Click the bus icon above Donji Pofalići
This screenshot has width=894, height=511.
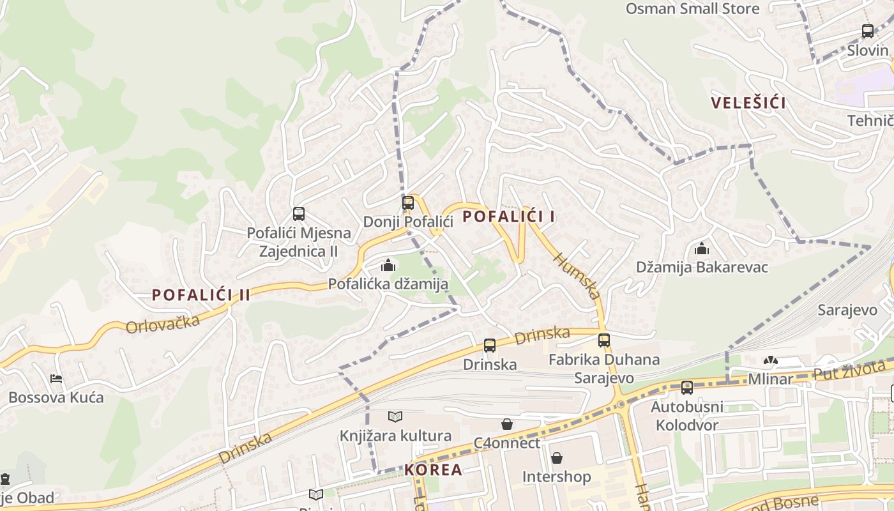(408, 203)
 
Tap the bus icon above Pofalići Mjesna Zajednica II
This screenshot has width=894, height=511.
(298, 214)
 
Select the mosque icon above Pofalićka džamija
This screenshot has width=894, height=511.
(388, 265)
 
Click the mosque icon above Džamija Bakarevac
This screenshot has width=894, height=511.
(702, 248)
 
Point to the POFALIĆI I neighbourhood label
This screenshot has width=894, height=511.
(508, 217)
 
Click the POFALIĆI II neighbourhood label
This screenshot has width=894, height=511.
(201, 295)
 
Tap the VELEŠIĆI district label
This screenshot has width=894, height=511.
(748, 103)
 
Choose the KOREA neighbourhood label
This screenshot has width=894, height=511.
(433, 470)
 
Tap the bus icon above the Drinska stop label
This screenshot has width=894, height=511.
(490, 346)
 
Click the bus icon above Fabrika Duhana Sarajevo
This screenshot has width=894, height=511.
(604, 340)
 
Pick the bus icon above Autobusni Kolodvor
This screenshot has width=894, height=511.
(687, 388)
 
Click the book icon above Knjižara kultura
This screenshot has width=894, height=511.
(395, 417)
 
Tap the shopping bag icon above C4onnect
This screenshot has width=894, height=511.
(507, 424)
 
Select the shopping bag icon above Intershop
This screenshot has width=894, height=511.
(557, 458)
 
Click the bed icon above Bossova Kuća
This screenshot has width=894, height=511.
(56, 379)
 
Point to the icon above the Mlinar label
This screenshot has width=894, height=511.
(771, 361)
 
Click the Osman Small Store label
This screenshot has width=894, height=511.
(692, 9)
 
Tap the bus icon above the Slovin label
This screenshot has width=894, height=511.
(868, 31)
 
